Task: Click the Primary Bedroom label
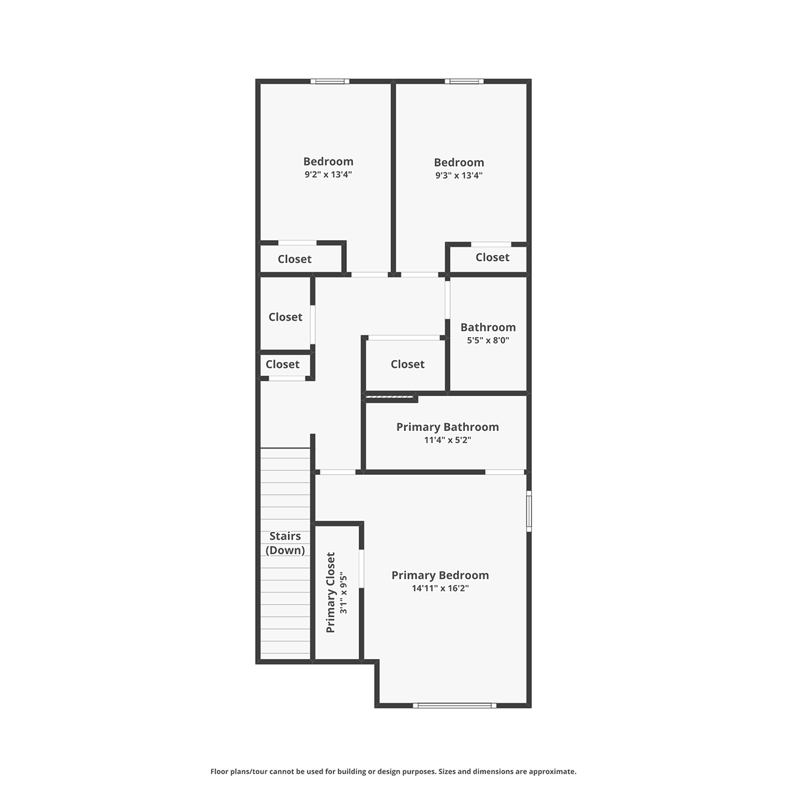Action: point(440,575)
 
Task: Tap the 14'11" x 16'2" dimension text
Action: point(440,588)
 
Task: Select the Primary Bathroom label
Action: point(448,427)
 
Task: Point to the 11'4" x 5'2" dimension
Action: point(448,440)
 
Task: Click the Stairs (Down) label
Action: point(285,543)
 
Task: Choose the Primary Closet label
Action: point(331,593)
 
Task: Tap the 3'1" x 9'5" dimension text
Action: point(344,594)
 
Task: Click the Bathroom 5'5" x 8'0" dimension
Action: point(488,340)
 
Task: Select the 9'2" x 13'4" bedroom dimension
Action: point(328,174)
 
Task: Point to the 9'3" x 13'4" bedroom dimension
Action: point(458,175)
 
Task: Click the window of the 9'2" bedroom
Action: point(330,81)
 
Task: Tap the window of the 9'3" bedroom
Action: point(464,81)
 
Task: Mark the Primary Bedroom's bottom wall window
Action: point(454,705)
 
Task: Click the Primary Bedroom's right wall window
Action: point(529,511)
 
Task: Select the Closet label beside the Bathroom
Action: point(407,364)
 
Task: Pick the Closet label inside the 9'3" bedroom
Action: point(493,257)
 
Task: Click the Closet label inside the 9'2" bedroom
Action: point(294,259)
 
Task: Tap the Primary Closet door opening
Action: point(361,569)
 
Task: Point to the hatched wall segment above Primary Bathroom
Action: point(390,396)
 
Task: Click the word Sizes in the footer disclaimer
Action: point(447,771)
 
